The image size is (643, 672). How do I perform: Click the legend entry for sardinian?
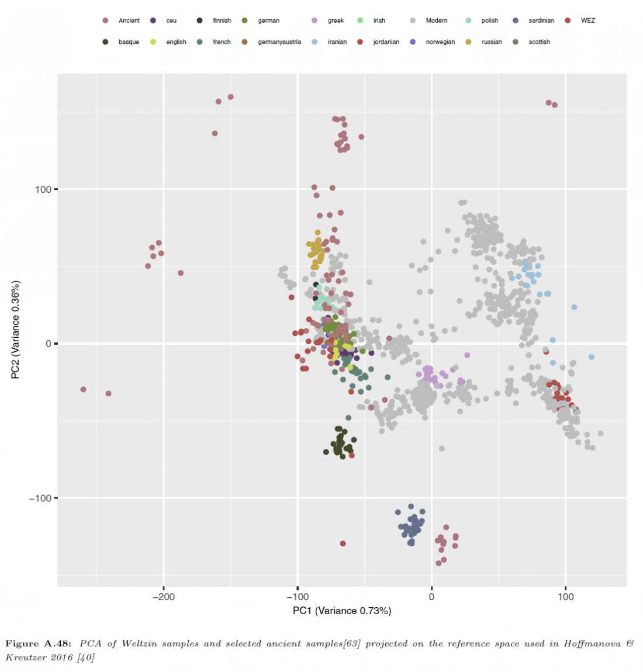541,20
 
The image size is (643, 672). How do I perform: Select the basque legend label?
129,42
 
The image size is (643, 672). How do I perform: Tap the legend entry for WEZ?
587,20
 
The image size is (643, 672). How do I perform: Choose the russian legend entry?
492,42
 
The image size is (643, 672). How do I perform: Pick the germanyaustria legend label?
279,42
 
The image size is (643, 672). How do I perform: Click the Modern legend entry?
436,20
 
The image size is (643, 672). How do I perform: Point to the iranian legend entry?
337,42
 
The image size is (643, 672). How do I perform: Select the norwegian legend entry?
440,42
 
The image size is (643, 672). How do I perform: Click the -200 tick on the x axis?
164,597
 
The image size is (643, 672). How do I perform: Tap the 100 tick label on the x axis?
566,597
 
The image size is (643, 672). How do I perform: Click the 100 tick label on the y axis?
43,189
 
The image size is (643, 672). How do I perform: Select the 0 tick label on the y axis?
49,344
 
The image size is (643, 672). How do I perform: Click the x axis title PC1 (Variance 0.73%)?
342,611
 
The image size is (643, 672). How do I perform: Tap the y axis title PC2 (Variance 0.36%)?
16,330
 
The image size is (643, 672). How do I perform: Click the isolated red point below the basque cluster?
343,543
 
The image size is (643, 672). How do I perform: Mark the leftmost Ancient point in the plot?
84,389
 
